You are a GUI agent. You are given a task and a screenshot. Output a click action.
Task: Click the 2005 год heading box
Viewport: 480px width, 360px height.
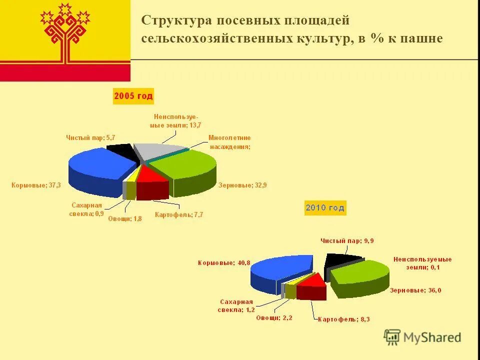(x=133, y=95)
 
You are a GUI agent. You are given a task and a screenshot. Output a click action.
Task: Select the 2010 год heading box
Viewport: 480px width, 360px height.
(x=325, y=207)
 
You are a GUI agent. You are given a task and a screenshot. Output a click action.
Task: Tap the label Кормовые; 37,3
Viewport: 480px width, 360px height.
(x=36, y=185)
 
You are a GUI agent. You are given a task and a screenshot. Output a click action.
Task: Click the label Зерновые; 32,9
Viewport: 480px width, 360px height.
(x=242, y=185)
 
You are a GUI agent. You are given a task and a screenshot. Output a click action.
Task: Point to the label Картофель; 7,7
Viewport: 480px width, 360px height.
(x=179, y=214)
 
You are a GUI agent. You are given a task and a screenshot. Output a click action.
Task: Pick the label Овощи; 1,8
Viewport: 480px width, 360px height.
(x=125, y=218)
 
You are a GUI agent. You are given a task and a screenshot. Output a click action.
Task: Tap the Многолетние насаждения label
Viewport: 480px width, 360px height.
(x=229, y=142)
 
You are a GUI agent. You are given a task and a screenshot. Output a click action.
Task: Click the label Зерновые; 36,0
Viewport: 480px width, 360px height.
(x=415, y=290)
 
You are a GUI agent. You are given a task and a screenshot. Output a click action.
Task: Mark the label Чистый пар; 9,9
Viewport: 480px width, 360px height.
(x=347, y=240)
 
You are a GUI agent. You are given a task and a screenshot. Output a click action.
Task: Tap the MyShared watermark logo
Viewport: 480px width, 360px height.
(x=422, y=337)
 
